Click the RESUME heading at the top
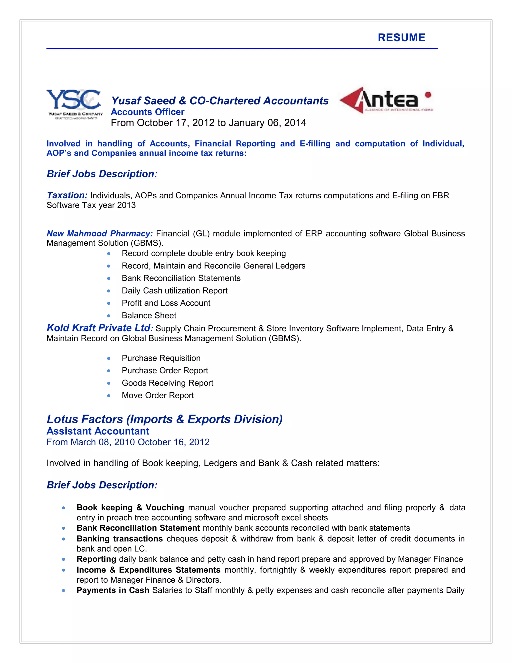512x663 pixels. click(x=401, y=38)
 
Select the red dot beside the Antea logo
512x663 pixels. click(x=428, y=95)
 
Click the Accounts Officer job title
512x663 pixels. click(x=147, y=112)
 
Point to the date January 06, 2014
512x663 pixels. click(x=267, y=123)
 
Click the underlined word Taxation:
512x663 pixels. click(x=67, y=195)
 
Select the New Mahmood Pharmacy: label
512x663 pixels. click(x=99, y=233)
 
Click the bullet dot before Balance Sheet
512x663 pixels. click(x=108, y=316)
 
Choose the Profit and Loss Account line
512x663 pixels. click(x=166, y=303)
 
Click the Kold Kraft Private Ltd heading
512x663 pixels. click(x=98, y=328)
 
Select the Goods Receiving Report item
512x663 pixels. click(x=167, y=383)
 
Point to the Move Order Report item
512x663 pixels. click(x=158, y=396)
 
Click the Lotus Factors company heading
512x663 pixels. click(x=164, y=419)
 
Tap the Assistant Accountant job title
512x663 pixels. click(x=98, y=431)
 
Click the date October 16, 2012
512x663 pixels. click(x=173, y=442)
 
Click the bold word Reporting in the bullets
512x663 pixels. click(x=96, y=559)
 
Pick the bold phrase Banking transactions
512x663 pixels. click(x=119, y=539)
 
